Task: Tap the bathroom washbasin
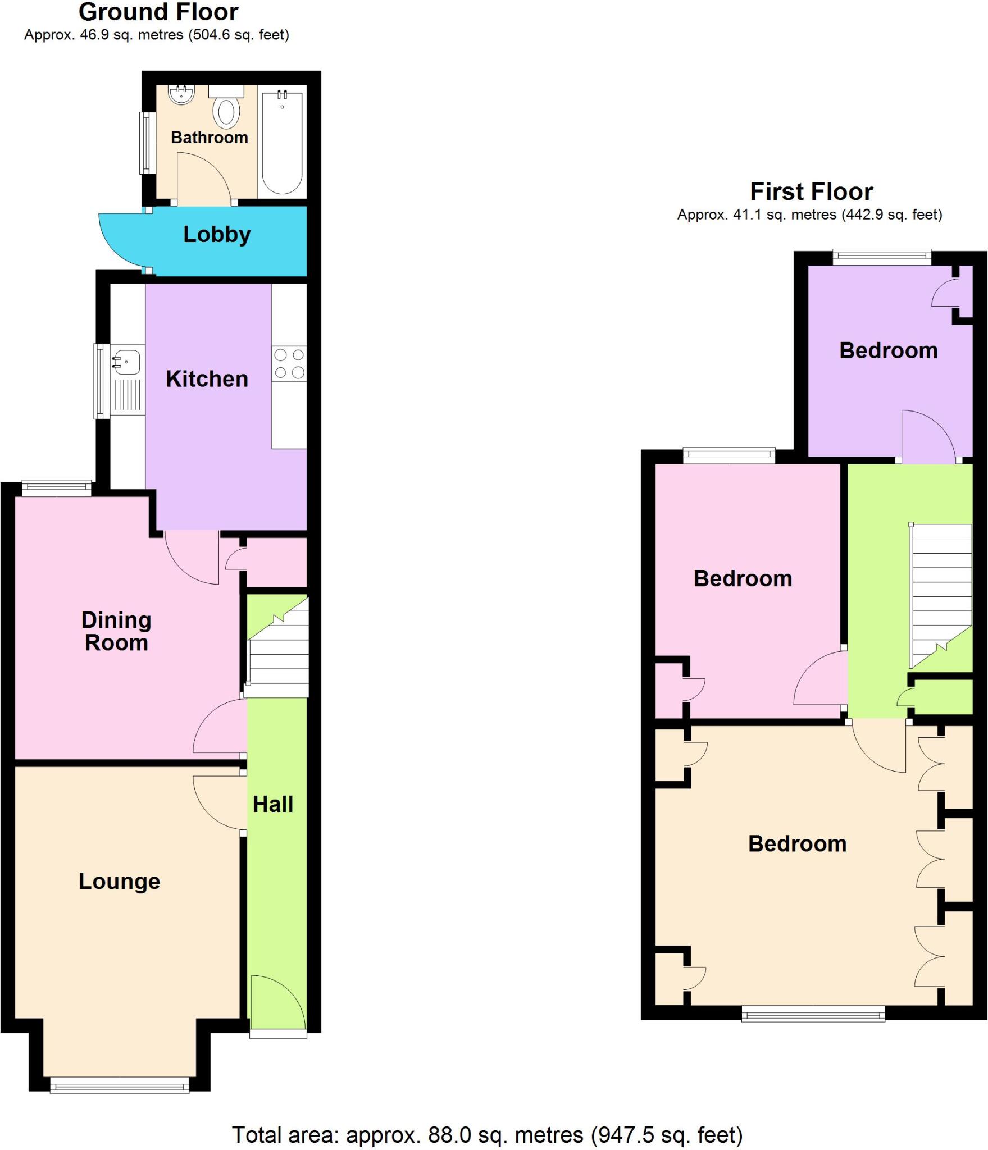click(x=181, y=95)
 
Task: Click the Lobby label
click(x=217, y=235)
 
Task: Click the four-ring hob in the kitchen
click(x=289, y=364)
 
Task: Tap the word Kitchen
click(x=207, y=379)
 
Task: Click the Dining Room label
click(x=116, y=631)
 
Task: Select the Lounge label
click(x=119, y=881)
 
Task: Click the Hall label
click(x=273, y=804)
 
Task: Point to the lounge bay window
click(x=120, y=1088)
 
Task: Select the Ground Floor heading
click(x=158, y=12)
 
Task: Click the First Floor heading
click(x=811, y=192)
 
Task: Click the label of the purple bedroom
click(x=888, y=350)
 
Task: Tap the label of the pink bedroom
click(x=743, y=578)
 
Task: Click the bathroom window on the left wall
click(x=147, y=143)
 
